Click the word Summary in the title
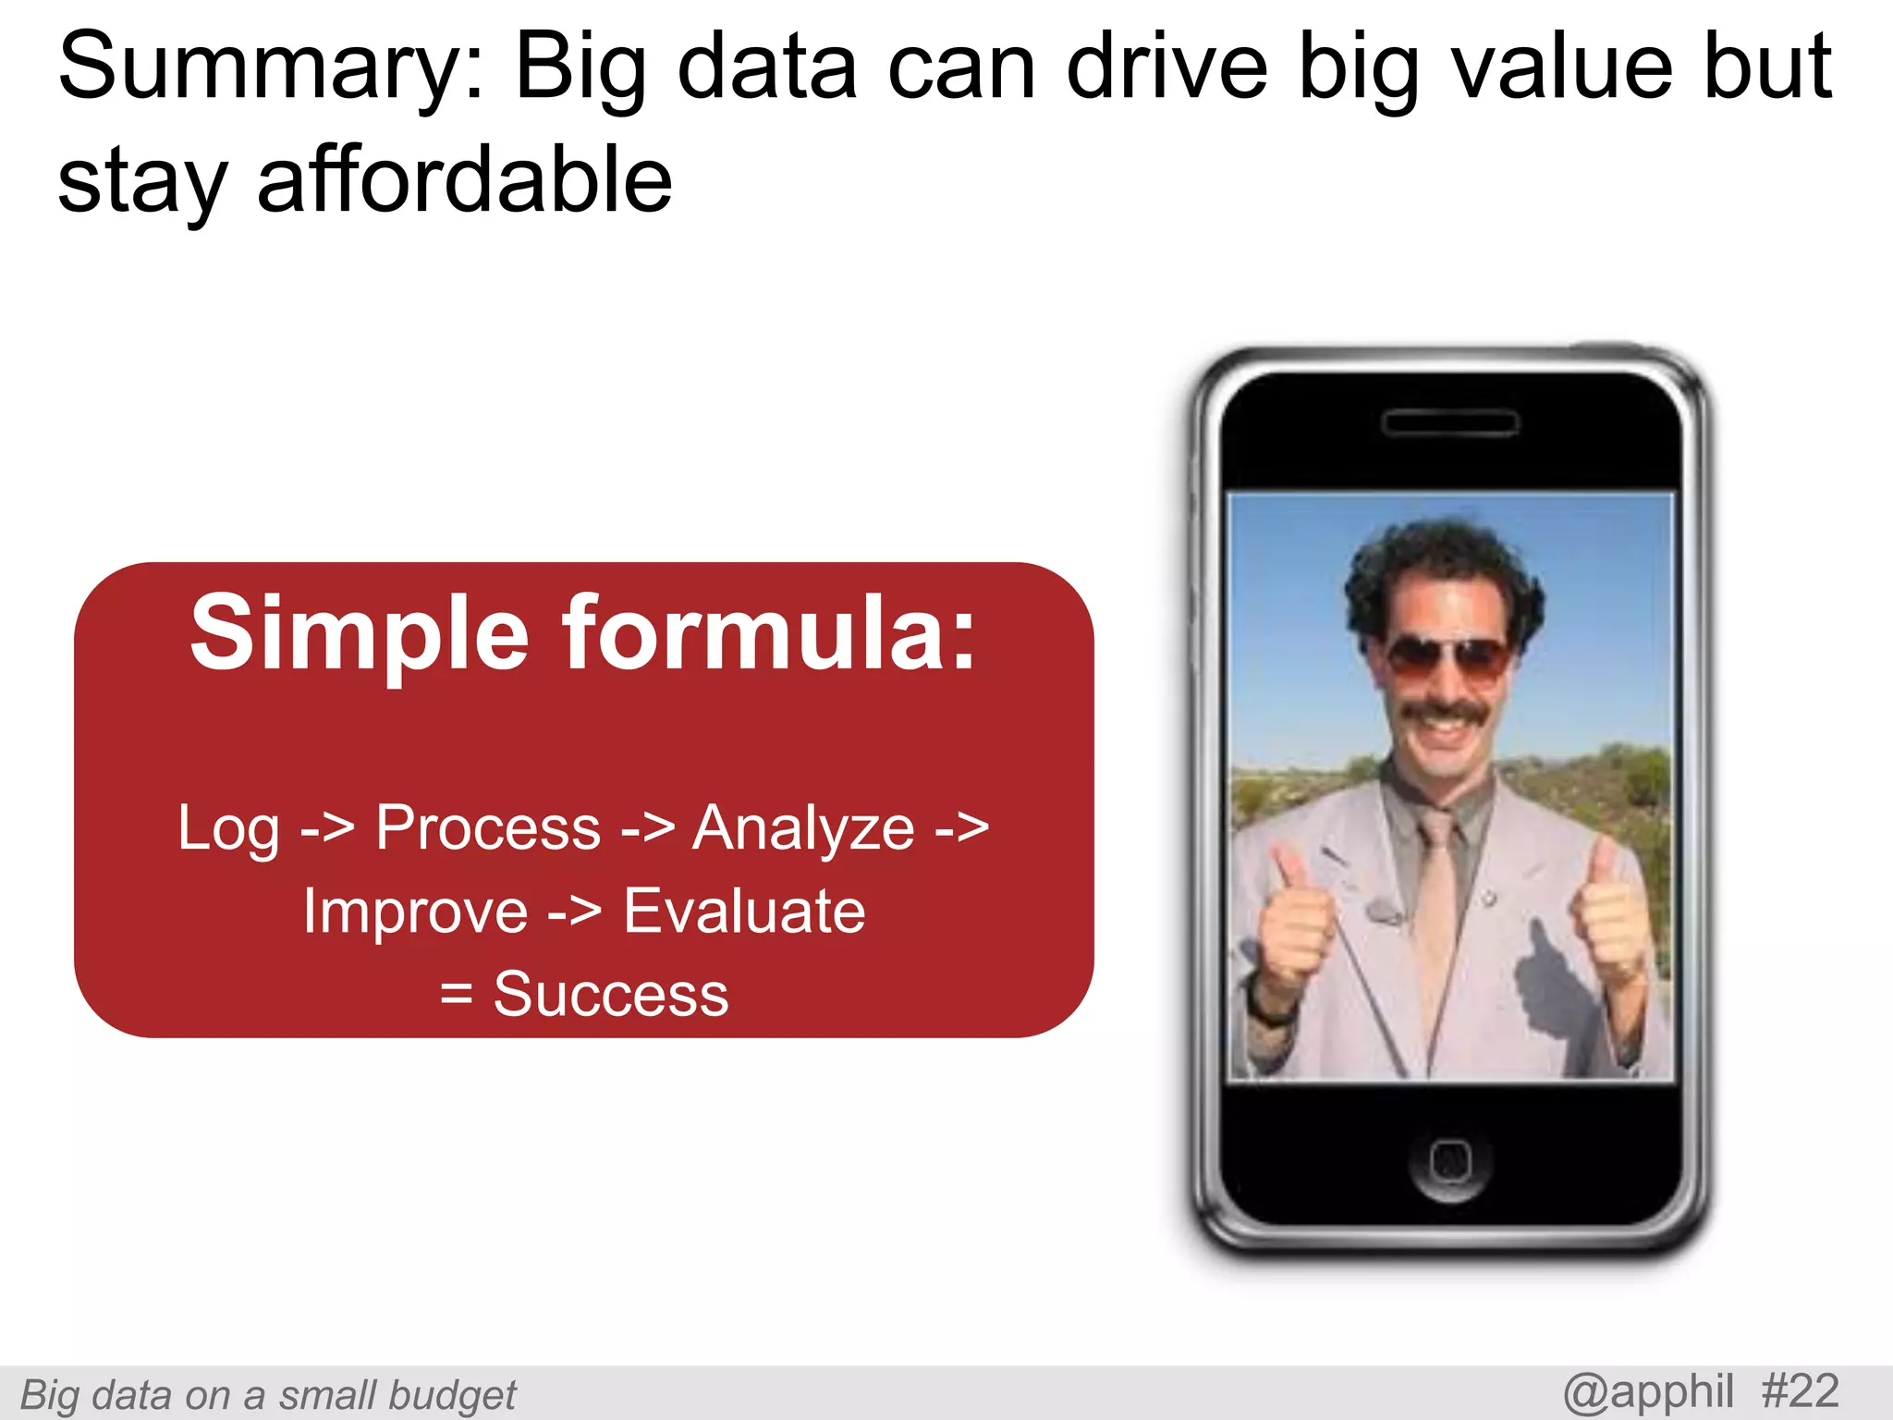(268, 69)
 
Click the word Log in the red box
(228, 828)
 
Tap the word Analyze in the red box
(803, 828)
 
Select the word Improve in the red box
(415, 912)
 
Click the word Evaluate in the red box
(744, 912)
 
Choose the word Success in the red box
(611, 995)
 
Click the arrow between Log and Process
(327, 828)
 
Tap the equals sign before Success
(457, 996)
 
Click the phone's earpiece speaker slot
(1449, 423)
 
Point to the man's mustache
(1446, 714)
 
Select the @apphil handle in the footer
(1648, 1392)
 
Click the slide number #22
(1800, 1392)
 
